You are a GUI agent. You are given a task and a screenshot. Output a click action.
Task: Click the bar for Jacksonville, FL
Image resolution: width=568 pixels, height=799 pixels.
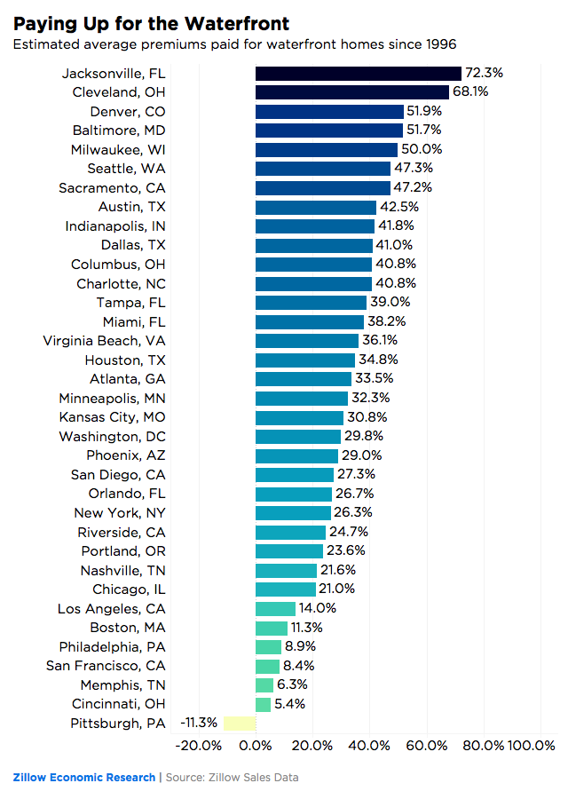point(358,74)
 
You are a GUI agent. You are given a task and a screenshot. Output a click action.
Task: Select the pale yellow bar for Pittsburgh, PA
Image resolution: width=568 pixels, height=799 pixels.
point(239,724)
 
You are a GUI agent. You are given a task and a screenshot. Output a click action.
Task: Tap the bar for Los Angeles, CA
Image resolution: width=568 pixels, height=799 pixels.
point(275,609)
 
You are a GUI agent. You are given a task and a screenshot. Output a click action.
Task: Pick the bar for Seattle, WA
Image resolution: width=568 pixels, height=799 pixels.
point(322,169)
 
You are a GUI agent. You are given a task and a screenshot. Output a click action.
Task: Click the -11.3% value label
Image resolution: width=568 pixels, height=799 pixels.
point(199,724)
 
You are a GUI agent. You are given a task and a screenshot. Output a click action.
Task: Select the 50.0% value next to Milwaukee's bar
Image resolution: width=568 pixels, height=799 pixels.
point(422,149)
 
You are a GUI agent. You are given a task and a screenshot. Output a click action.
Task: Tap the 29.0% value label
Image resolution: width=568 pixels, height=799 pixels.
point(359,455)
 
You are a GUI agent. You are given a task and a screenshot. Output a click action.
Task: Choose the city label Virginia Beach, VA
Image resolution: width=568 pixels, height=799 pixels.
point(104,341)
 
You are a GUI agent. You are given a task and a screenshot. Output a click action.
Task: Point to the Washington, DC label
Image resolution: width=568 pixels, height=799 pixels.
point(112,437)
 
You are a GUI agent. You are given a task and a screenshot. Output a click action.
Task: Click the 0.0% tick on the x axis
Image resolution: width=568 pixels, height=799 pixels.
point(256,746)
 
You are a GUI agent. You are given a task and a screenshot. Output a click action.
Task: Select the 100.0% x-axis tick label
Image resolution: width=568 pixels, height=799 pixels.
point(531,746)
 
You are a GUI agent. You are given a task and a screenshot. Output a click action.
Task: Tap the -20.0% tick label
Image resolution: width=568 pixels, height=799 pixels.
point(201,746)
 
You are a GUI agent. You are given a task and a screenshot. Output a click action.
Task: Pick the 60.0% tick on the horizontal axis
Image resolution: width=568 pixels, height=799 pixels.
point(427,746)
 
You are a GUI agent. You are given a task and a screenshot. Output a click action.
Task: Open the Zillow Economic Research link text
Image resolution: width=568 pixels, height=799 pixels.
point(83,778)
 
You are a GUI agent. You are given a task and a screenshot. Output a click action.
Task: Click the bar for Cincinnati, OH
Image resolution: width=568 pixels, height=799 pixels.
point(263,704)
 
